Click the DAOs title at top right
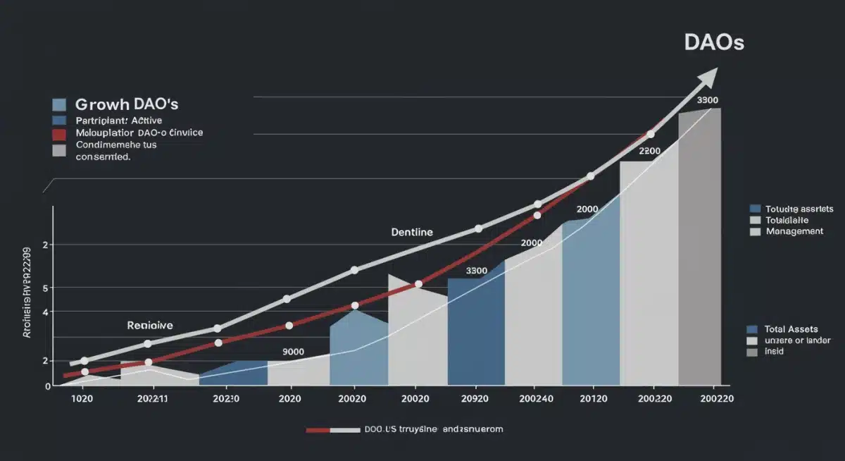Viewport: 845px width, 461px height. (x=713, y=42)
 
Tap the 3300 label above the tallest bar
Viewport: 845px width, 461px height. (x=708, y=100)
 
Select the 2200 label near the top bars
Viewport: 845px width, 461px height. (x=650, y=151)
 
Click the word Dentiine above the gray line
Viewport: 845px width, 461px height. (x=412, y=231)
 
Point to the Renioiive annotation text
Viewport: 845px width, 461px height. (x=150, y=325)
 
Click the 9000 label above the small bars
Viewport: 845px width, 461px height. (x=293, y=351)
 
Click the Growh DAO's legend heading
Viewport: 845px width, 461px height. (x=127, y=104)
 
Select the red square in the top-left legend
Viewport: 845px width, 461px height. (x=59, y=133)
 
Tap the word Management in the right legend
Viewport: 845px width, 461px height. (x=794, y=231)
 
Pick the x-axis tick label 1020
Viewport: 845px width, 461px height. (x=82, y=398)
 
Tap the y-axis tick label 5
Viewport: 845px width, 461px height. (x=46, y=288)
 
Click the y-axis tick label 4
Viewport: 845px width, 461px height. (x=46, y=312)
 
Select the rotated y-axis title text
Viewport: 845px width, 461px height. (x=27, y=293)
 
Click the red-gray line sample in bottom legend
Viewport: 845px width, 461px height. (x=330, y=429)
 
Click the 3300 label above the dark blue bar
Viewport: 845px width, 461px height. (x=477, y=271)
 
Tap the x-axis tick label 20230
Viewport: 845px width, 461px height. (x=225, y=398)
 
